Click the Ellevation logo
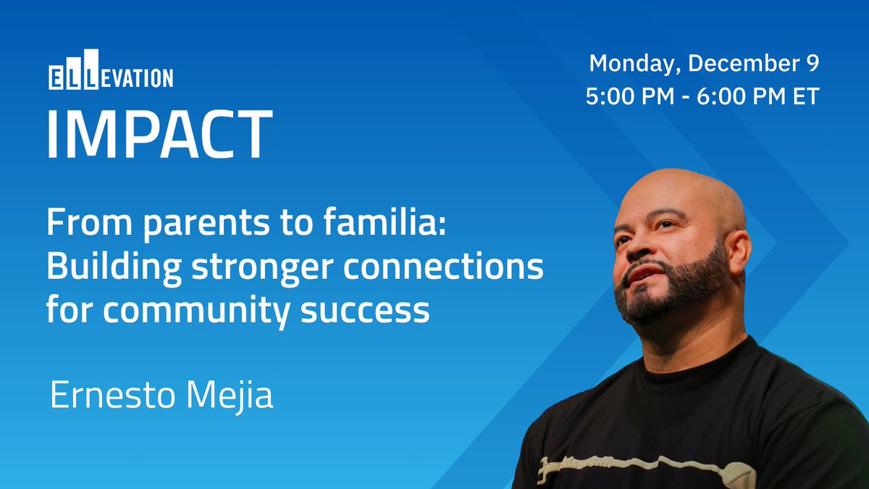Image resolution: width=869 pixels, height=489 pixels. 111,70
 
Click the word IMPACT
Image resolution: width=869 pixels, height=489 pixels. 160,134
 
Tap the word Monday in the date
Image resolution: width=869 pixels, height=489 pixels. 632,64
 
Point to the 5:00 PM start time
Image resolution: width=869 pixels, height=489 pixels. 630,96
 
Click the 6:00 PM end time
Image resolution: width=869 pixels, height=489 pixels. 741,96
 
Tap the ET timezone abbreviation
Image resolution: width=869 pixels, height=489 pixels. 806,96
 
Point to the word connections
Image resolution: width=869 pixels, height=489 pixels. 443,267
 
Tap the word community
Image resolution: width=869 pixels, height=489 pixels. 197,312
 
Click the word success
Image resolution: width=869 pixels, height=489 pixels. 365,312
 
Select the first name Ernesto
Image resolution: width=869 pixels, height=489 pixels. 112,394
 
